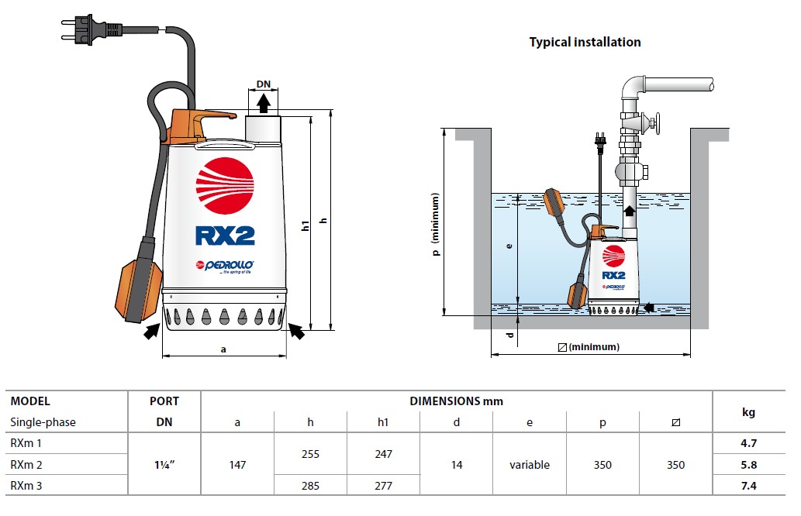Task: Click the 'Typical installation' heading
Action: (585, 42)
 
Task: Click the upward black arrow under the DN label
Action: (264, 103)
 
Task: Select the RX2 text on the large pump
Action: (226, 234)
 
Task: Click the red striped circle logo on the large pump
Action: (225, 187)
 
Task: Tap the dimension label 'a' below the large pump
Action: (223, 349)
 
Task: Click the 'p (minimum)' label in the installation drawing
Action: (437, 225)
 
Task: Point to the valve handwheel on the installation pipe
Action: (656, 123)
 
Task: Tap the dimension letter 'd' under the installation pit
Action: (509, 335)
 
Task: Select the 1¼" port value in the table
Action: (164, 465)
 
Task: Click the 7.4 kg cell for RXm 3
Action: (748, 486)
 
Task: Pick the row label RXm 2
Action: (26, 465)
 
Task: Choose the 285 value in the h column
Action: (310, 486)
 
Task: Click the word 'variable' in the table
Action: (530, 465)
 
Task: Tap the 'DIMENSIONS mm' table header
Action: (457, 401)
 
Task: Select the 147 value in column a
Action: (237, 465)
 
